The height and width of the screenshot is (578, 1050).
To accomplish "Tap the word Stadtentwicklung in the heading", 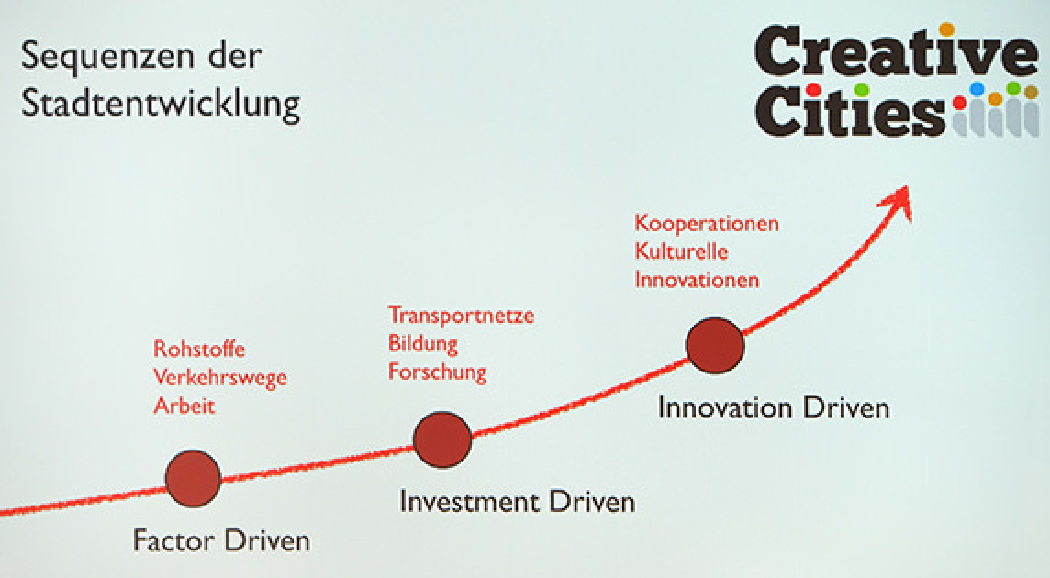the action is click(x=161, y=104).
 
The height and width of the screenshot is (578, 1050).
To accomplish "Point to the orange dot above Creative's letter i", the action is click(x=947, y=29).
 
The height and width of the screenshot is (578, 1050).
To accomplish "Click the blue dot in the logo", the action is click(x=977, y=89).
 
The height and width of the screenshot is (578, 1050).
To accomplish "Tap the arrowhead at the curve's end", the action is click(x=898, y=201).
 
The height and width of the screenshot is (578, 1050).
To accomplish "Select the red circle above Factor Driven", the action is click(x=193, y=478).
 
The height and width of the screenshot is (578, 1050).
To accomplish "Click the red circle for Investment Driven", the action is click(x=442, y=439).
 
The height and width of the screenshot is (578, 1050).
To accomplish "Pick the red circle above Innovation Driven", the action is click(x=715, y=345).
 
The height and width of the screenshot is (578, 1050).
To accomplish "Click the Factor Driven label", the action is click(x=221, y=540).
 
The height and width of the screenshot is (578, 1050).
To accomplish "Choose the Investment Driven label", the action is click(x=517, y=502).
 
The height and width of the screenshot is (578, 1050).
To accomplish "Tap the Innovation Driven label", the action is click(x=774, y=408).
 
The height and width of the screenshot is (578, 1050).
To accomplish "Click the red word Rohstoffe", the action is click(x=199, y=349).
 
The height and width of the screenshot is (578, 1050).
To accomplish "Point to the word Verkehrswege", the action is click(x=219, y=378).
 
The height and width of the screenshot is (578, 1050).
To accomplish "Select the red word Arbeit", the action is click(x=184, y=406).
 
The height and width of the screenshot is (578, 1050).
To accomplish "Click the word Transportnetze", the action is click(x=462, y=316).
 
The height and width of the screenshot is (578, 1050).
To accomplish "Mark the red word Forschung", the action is click(x=437, y=372).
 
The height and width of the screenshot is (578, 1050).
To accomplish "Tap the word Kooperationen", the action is click(x=707, y=223).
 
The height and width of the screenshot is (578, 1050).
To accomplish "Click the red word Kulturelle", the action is click(x=681, y=251).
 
